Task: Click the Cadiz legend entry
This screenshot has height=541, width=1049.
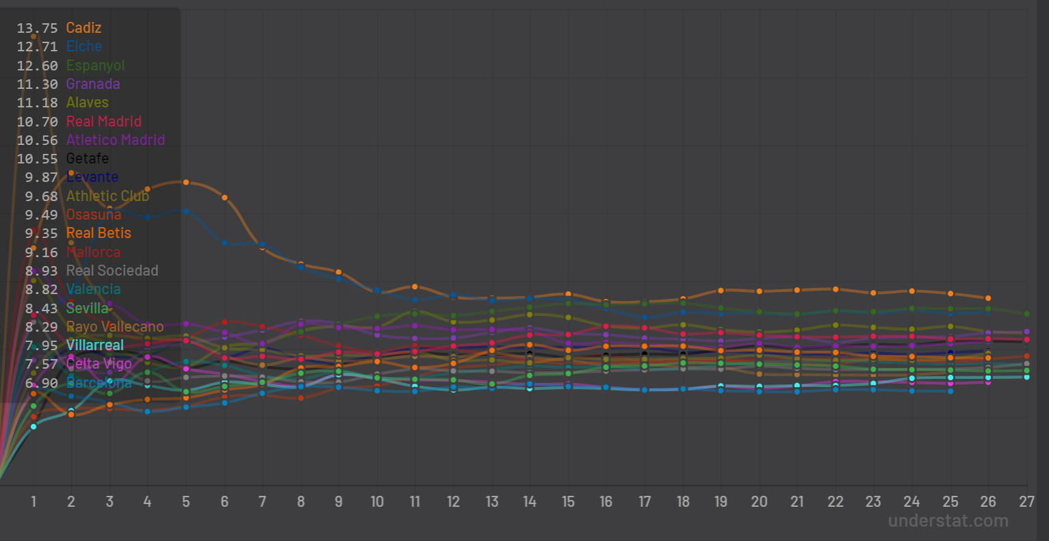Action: [83, 28]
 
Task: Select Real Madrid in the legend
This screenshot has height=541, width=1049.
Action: [103, 122]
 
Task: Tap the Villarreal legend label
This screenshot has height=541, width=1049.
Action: [94, 345]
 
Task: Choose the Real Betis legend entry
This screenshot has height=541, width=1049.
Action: [99, 233]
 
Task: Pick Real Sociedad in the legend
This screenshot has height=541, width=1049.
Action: [112, 271]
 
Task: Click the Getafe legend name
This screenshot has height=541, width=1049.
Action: [87, 159]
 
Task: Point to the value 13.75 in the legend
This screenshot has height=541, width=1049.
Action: [38, 28]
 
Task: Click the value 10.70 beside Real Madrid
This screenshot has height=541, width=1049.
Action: [38, 122]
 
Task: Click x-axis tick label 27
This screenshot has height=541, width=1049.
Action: [1026, 502]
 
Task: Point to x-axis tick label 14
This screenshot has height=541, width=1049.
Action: [530, 502]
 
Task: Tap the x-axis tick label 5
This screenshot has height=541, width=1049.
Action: [186, 502]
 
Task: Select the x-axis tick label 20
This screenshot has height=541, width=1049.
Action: [759, 502]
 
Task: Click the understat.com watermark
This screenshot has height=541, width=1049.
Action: [948, 521]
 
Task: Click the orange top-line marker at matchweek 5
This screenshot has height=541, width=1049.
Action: [186, 182]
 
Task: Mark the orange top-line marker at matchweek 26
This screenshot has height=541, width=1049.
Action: [988, 298]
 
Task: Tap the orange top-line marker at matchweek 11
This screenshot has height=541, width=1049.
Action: [415, 287]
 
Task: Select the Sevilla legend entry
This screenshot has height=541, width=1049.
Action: [87, 308]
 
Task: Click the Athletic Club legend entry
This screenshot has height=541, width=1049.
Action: [107, 196]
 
